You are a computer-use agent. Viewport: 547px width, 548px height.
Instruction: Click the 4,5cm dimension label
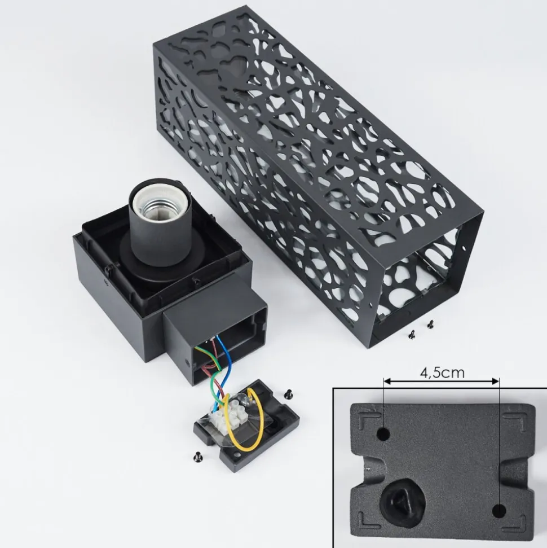click(442, 372)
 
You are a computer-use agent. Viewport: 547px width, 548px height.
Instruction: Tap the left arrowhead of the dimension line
click(387, 382)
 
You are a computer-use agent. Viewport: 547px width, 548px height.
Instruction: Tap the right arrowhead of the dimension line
click(495, 382)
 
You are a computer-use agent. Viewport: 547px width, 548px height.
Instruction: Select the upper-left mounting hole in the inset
click(384, 435)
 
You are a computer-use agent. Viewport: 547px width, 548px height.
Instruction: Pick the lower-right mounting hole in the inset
click(499, 511)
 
